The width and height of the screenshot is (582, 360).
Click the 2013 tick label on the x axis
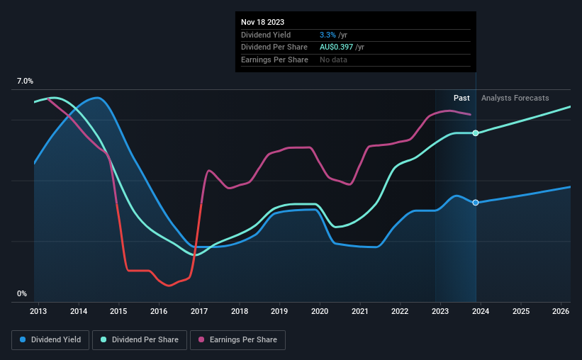[x=38, y=311]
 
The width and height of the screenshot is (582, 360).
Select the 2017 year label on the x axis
[x=199, y=311]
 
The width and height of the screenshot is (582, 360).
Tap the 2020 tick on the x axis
[x=320, y=311]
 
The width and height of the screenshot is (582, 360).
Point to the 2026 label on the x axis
[x=561, y=311]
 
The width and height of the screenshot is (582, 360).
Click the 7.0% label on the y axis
[x=25, y=81]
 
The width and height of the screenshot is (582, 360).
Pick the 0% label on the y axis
[x=22, y=293]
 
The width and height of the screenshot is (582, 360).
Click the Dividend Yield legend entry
[x=50, y=340]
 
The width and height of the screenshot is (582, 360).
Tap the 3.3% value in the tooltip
[x=327, y=35]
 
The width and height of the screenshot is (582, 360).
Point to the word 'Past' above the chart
[x=461, y=98]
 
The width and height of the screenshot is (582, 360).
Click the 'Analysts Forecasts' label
[x=515, y=98]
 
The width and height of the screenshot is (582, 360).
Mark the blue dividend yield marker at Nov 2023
[x=476, y=203]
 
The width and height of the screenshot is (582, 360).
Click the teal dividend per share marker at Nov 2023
[x=476, y=133]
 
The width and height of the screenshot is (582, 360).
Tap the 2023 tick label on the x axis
[x=440, y=311]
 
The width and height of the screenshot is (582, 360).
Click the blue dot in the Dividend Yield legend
[x=23, y=340]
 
